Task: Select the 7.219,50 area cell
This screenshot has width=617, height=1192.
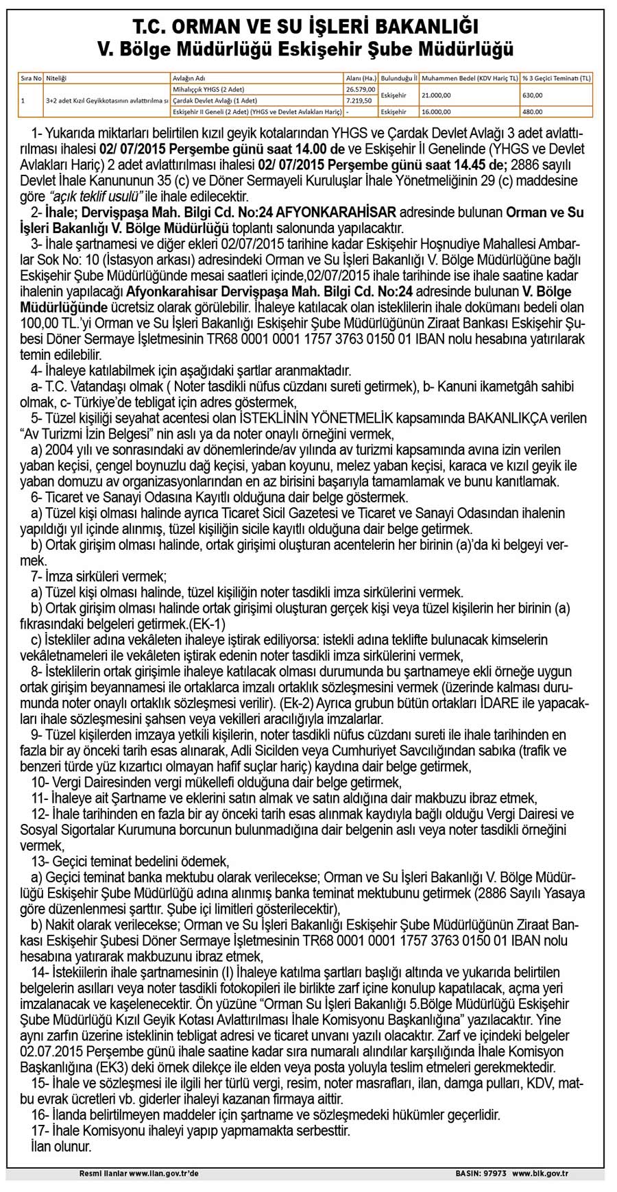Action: click(x=359, y=100)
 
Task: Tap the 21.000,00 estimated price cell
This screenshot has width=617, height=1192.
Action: click(x=437, y=95)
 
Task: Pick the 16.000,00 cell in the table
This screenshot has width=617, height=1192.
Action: click(x=437, y=111)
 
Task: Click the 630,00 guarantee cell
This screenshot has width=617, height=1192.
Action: click(x=533, y=95)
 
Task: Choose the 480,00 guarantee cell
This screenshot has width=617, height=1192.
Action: click(x=533, y=111)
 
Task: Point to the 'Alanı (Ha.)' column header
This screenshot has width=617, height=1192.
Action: click(x=361, y=79)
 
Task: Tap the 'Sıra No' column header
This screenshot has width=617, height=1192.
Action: click(x=30, y=79)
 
